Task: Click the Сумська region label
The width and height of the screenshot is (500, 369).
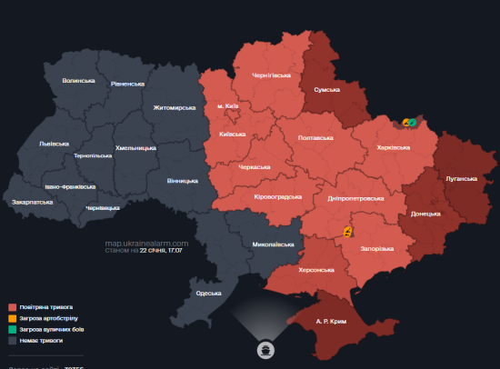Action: tap(326, 90)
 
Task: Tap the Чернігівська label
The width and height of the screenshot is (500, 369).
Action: tap(271, 75)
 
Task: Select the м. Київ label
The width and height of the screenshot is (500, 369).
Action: tap(227, 106)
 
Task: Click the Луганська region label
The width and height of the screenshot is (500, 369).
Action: tap(462, 178)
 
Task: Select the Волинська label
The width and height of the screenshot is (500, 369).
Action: tap(79, 80)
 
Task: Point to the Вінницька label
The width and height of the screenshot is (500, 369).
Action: tap(183, 181)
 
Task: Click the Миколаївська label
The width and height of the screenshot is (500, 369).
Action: tap(273, 244)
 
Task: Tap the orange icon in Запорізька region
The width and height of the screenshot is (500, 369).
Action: tap(348, 232)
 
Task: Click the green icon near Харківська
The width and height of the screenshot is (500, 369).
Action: tap(413, 122)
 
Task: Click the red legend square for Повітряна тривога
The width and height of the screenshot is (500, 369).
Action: tap(11, 307)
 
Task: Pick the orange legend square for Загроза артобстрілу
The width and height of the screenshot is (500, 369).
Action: tap(11, 318)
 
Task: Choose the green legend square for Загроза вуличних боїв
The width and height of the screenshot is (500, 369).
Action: tap(11, 329)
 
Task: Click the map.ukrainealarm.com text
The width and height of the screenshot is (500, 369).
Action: tap(146, 243)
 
